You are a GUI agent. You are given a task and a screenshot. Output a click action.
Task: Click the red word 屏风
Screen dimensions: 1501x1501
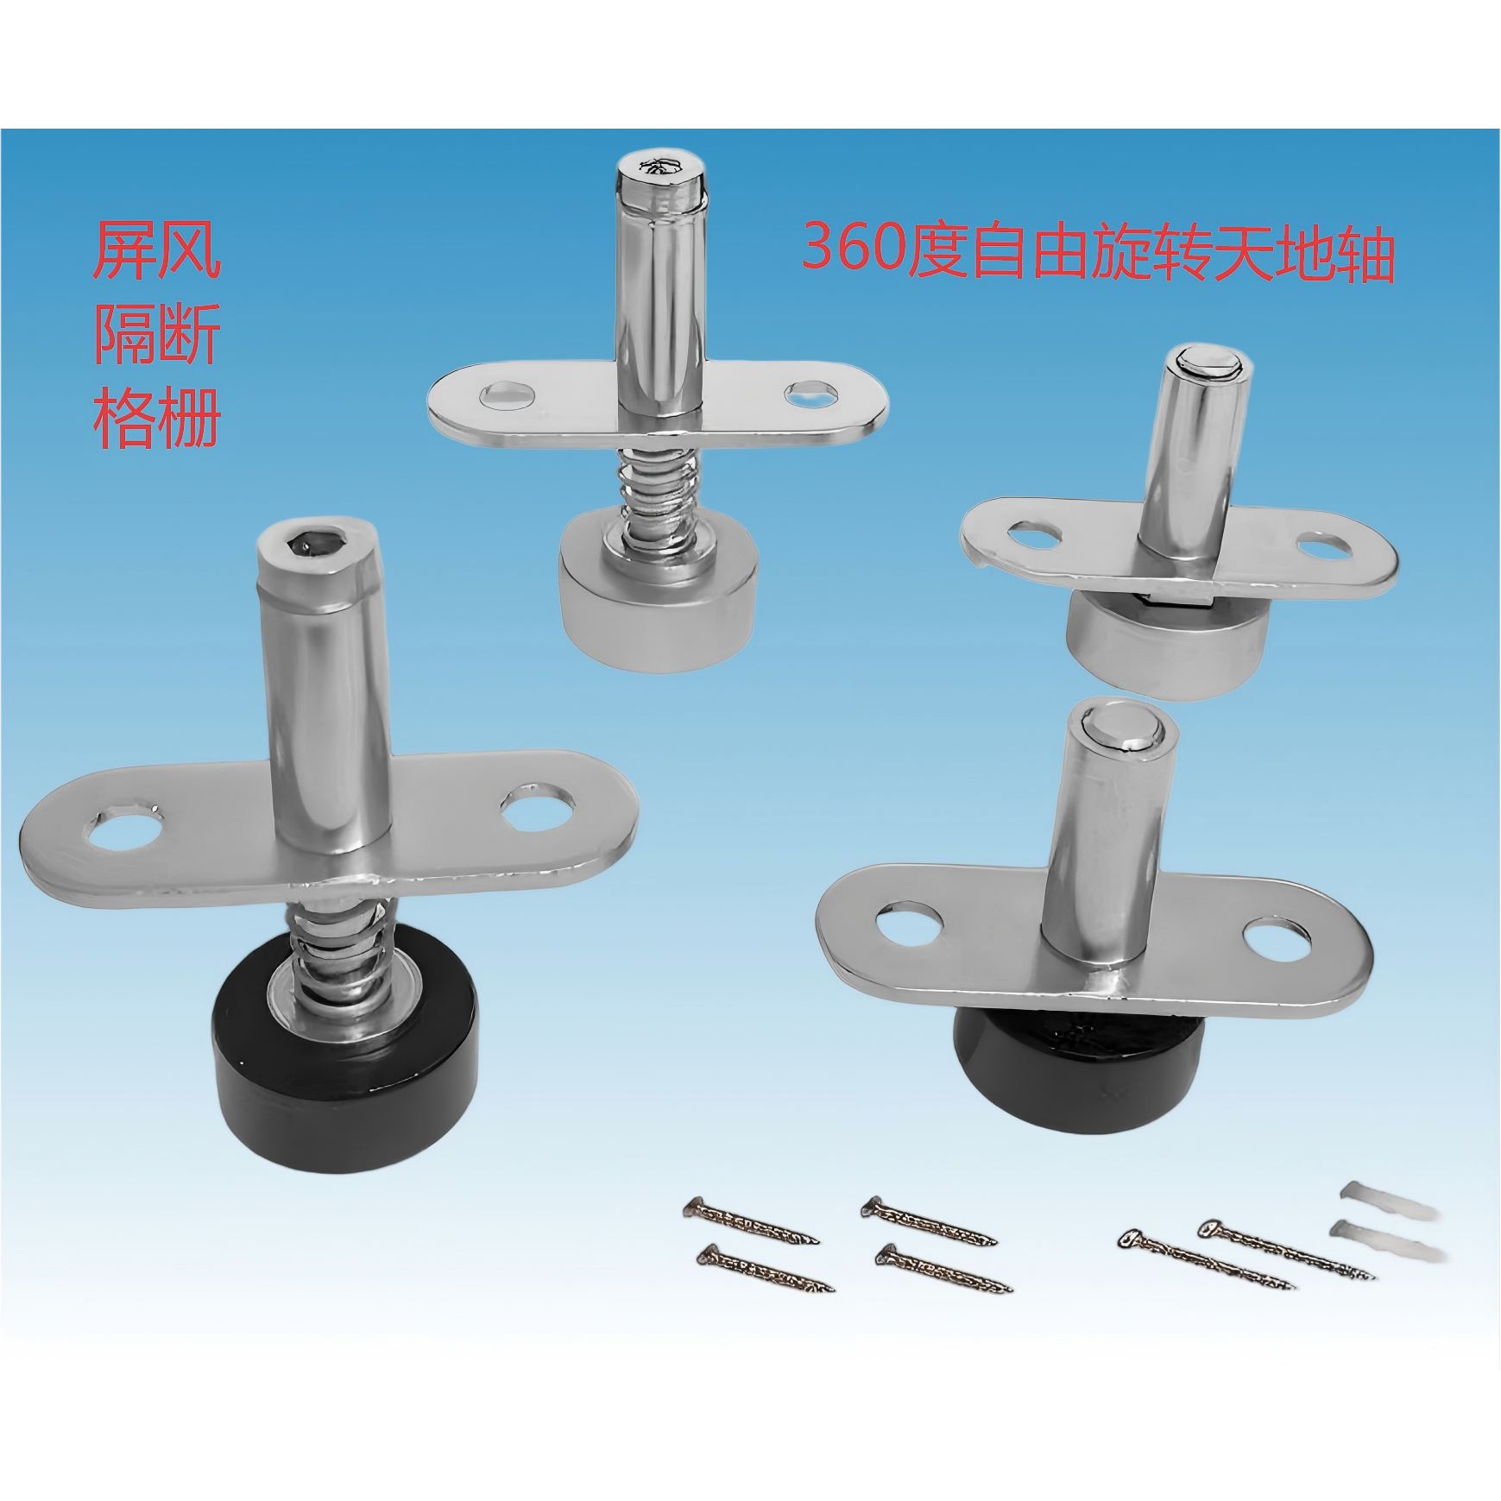[157, 249]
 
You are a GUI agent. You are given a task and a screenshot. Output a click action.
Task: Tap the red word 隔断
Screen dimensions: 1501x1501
[157, 334]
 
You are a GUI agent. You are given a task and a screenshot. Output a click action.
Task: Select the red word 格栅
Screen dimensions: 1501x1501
[157, 417]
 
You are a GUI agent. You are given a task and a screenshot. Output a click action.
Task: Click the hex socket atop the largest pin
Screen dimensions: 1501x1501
[314, 544]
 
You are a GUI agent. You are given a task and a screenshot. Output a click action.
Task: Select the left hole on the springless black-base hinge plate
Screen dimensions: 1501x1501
[911, 923]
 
